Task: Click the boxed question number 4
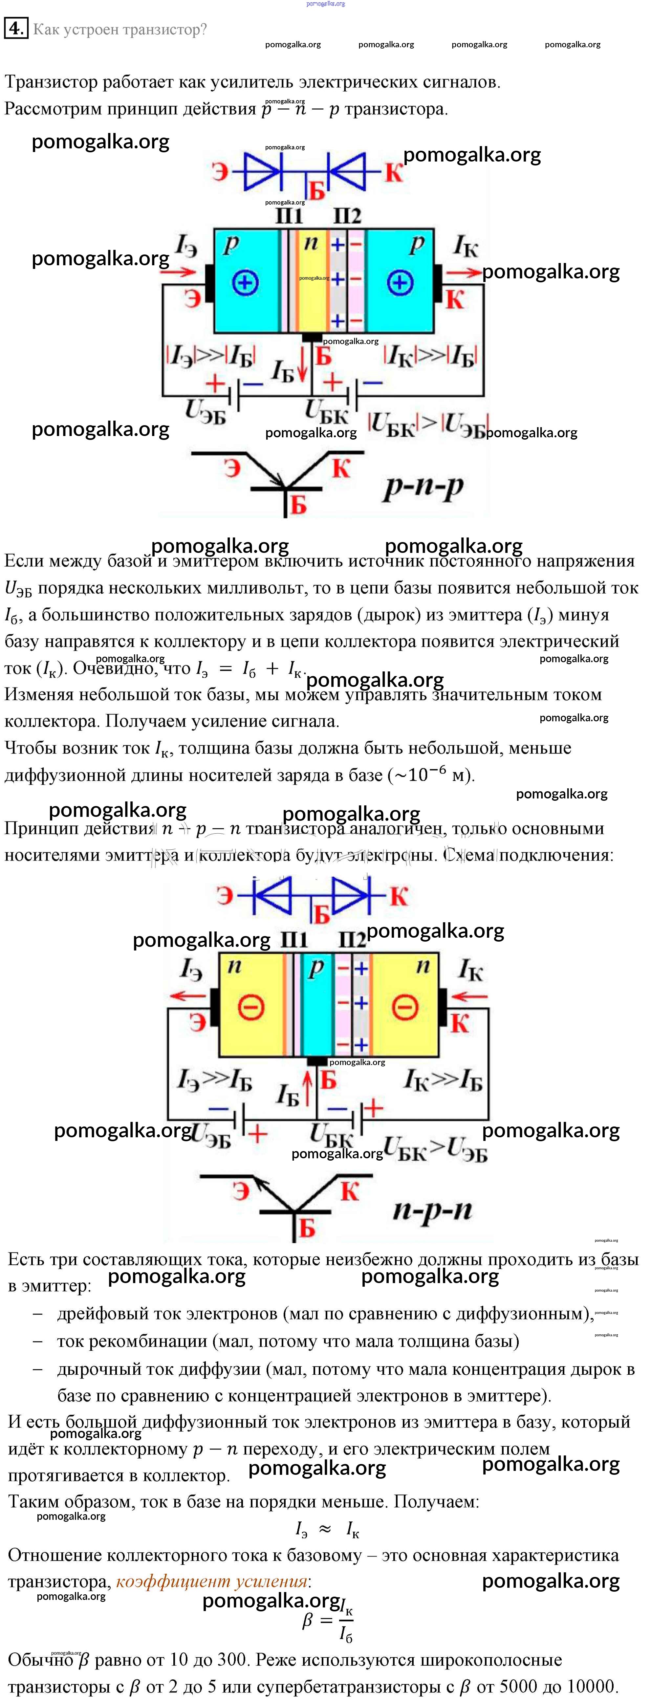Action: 16,29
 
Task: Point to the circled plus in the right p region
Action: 399,284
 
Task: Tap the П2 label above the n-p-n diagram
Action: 352,939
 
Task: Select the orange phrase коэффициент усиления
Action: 211,1581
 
